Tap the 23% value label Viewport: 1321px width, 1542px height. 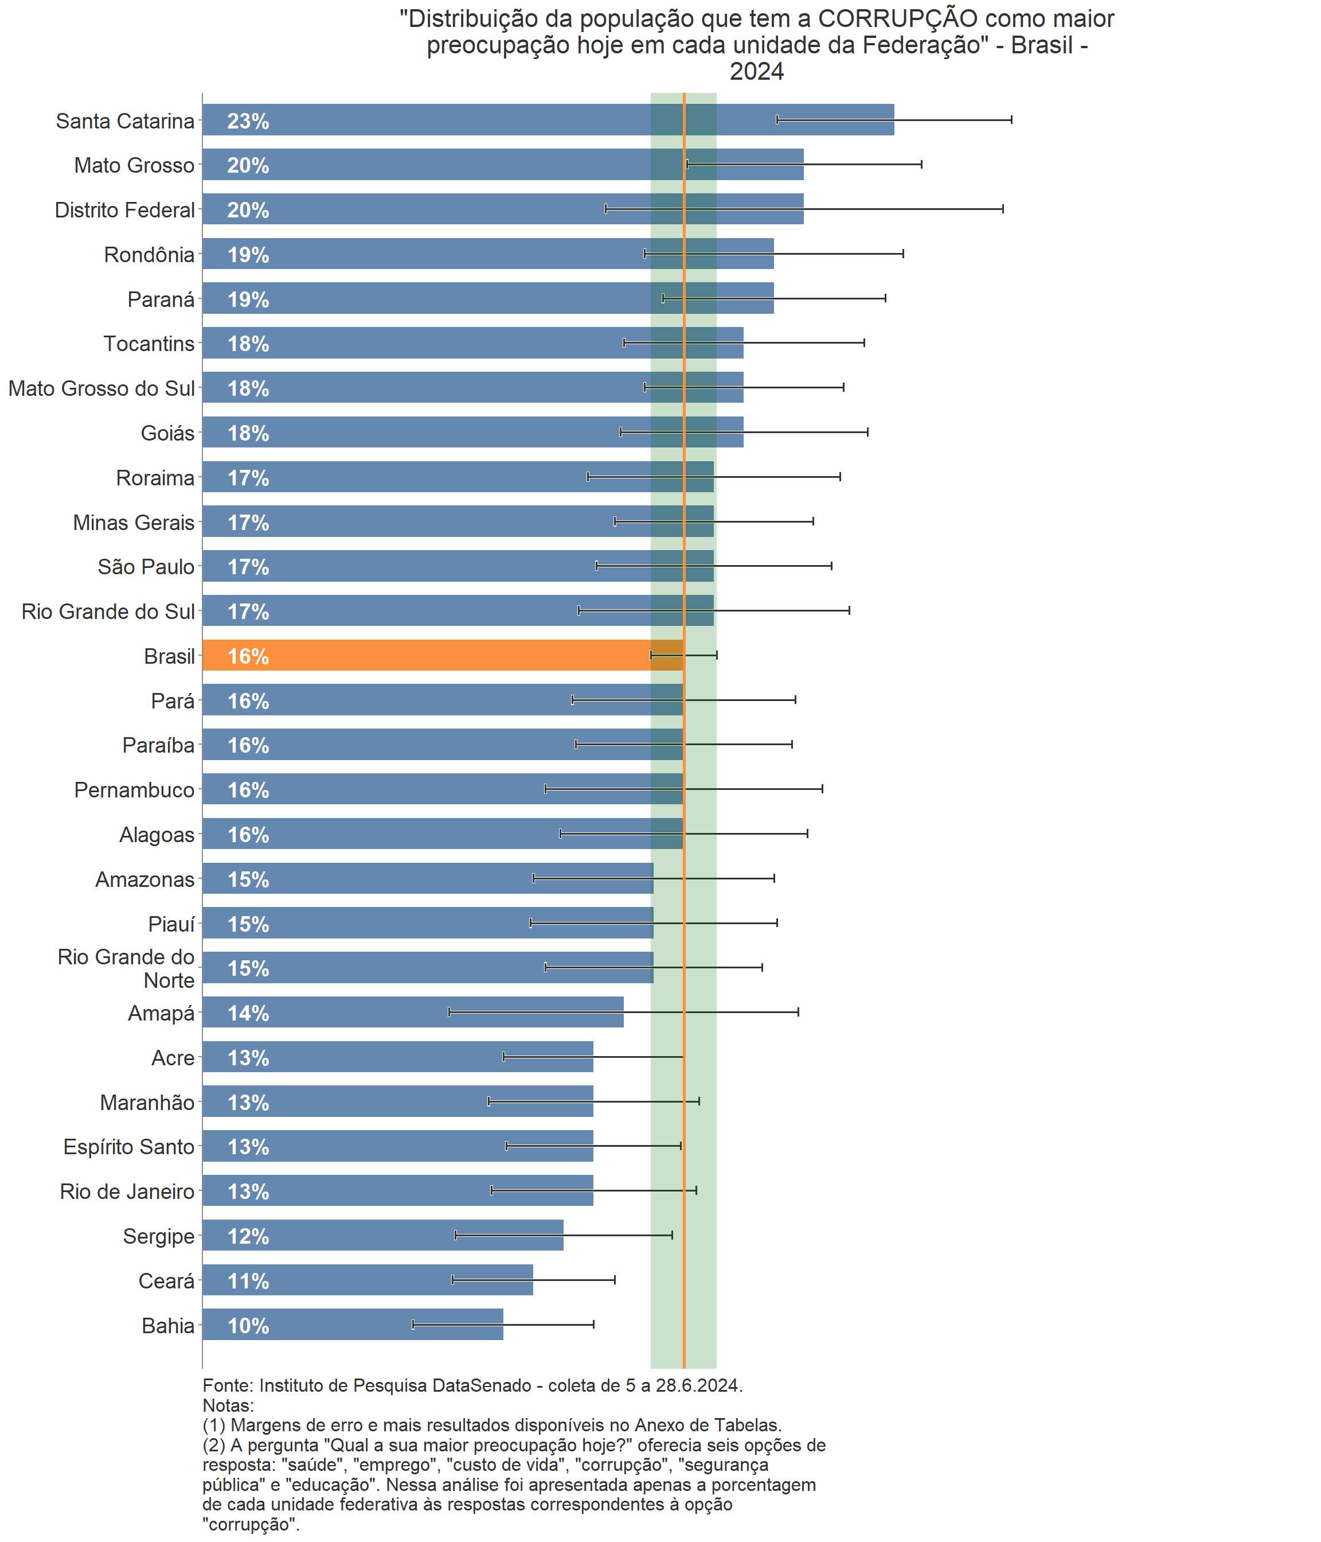[248, 121]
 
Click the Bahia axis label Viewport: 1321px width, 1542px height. [168, 1325]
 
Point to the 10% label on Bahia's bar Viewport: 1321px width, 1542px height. [248, 1325]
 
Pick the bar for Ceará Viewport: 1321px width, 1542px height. [368, 1280]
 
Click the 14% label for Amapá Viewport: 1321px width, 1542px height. [248, 1013]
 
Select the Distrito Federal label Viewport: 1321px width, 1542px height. [125, 210]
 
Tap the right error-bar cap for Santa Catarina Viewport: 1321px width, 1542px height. [1011, 120]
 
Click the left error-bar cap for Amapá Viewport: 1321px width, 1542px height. [450, 1012]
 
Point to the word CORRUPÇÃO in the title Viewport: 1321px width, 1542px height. [898, 18]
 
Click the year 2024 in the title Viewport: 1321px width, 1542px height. [756, 72]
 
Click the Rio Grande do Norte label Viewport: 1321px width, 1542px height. [127, 968]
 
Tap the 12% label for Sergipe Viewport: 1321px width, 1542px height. [248, 1236]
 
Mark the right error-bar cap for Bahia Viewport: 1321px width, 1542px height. [593, 1325]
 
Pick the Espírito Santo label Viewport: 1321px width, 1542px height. [128, 1147]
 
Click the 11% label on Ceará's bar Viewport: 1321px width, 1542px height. [248, 1281]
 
